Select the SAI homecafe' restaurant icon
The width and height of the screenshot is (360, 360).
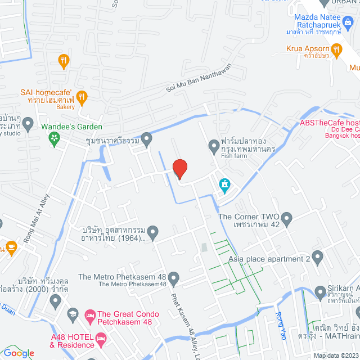82,97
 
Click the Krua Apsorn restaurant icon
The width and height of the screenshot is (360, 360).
337,51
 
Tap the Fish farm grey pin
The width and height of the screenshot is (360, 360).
214,147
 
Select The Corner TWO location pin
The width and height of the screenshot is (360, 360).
286,217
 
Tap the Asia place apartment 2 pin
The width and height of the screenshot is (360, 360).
317,258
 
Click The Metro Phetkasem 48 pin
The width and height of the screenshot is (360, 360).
173,277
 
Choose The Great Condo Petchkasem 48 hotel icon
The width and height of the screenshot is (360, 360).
89,314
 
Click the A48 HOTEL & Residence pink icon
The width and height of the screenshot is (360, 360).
101,338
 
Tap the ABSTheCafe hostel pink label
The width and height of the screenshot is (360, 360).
330,123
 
